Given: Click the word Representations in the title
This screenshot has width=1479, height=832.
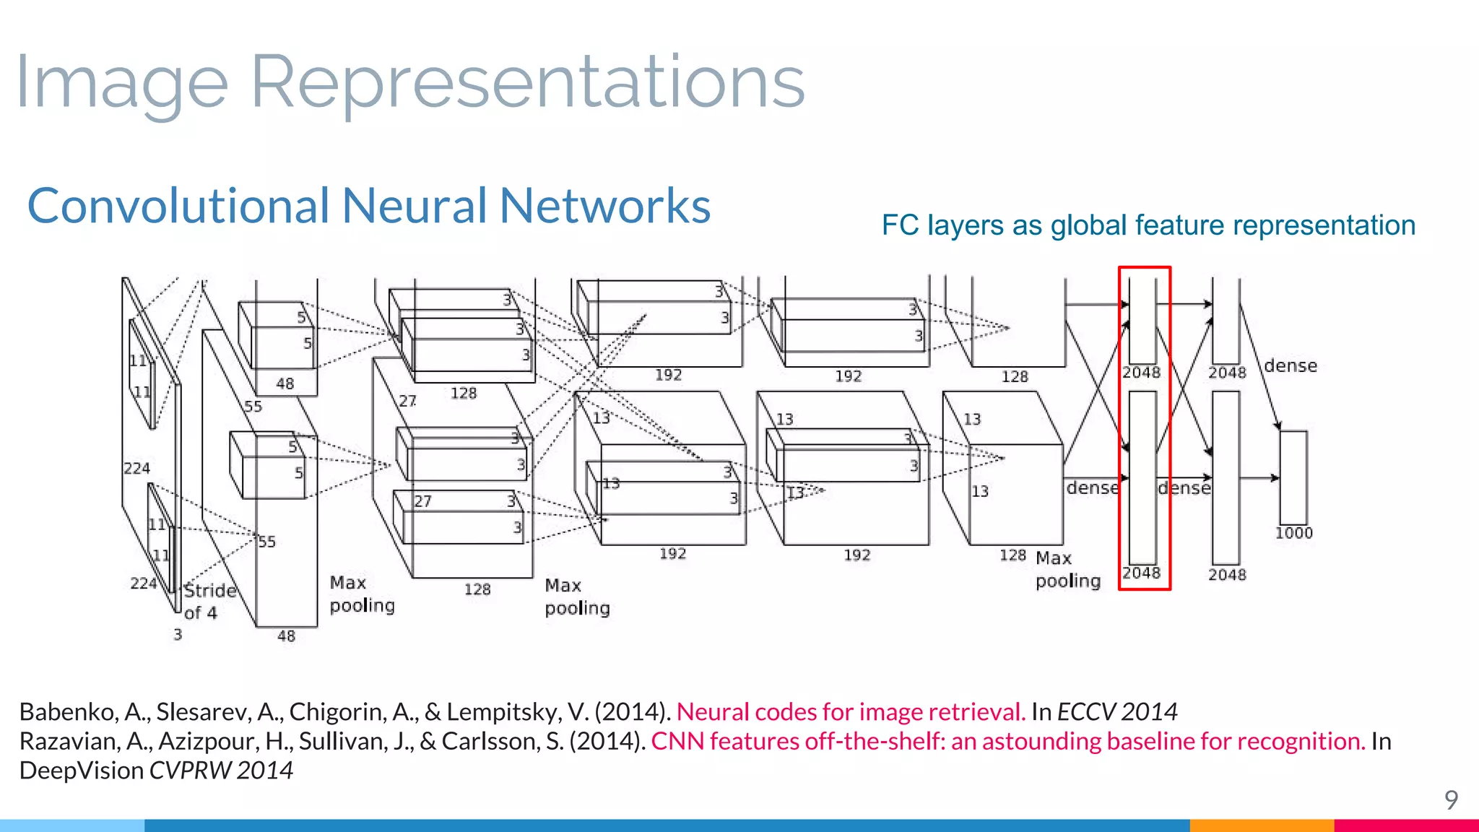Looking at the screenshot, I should (x=527, y=83).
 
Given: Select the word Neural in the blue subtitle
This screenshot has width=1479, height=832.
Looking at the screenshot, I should (x=415, y=206).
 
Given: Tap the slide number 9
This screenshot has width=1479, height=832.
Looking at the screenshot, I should (x=1451, y=799).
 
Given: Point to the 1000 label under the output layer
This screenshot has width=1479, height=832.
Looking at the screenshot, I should (x=1293, y=533).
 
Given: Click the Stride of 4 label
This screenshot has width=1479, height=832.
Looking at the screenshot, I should (x=209, y=601).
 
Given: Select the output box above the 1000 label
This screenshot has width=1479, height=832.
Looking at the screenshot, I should (x=1293, y=477).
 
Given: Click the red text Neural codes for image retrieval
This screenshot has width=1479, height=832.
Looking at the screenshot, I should (x=851, y=712).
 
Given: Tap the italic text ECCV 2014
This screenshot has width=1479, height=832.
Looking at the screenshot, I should (x=1117, y=712).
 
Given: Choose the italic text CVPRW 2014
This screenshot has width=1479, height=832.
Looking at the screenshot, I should (x=221, y=771).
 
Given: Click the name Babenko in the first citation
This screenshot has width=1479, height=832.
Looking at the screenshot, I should (x=69, y=712).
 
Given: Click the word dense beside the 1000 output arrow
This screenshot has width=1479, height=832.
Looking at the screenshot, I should (x=1291, y=365).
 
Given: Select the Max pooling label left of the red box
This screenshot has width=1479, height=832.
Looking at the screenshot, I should (x=1067, y=569).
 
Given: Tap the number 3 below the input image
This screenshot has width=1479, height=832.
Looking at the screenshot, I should (x=178, y=635).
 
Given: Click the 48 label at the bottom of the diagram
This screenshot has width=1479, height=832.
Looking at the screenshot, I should (x=287, y=636).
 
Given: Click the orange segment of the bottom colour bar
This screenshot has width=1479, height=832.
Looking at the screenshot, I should (x=1261, y=825).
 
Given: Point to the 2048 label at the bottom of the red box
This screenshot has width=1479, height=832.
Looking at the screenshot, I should (x=1141, y=573).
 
